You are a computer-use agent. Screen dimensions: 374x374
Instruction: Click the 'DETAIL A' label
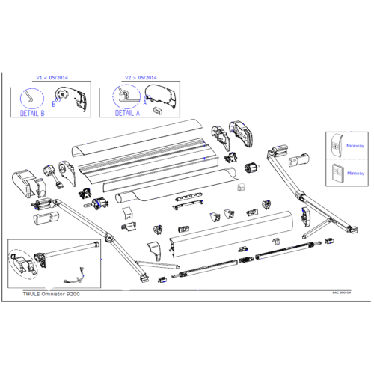(x=127, y=113)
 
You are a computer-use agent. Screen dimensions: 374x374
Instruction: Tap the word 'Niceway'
(x=355, y=148)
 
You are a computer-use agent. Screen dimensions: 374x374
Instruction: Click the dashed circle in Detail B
(x=30, y=97)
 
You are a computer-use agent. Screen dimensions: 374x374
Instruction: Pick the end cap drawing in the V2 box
(x=163, y=96)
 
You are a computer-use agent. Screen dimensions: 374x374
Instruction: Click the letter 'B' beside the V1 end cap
(x=53, y=105)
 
